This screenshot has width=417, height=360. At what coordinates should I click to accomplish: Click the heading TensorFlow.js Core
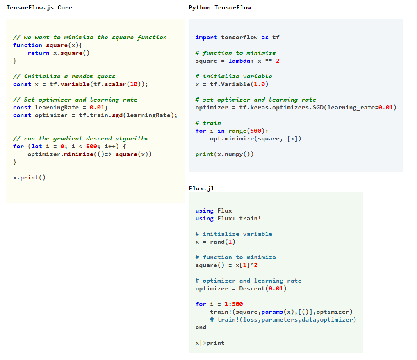tap(39, 7)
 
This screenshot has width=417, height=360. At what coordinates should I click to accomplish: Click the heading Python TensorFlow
tap(220, 7)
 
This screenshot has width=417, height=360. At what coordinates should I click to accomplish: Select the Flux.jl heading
tap(201, 188)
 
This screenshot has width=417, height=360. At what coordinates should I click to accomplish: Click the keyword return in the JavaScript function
tap(39, 53)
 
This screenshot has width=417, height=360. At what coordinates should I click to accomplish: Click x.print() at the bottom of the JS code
tap(29, 177)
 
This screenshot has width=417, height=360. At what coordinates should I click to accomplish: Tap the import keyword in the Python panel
tap(206, 37)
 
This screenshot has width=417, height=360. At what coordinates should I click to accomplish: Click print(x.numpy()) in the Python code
tap(225, 154)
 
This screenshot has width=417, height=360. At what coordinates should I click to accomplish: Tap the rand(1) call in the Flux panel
tap(223, 242)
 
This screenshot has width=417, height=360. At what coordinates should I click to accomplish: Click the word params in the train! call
tap(272, 312)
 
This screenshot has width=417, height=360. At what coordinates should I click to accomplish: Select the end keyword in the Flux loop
tap(201, 327)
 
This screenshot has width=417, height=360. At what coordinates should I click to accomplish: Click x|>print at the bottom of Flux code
tap(210, 343)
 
